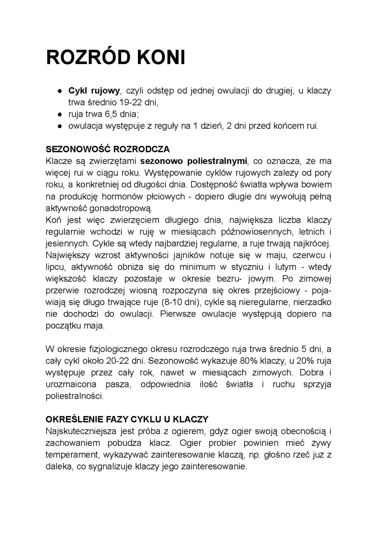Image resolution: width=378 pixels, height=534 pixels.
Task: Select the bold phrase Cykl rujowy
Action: [94, 91]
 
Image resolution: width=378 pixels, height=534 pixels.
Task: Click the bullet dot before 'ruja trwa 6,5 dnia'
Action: [60, 115]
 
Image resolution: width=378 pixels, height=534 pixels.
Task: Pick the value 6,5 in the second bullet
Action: [109, 115]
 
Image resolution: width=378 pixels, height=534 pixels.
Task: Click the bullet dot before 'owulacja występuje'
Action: [60, 126]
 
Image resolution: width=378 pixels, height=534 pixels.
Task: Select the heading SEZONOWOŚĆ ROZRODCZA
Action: [107, 149]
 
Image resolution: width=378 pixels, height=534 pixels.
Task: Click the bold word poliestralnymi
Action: [217, 161]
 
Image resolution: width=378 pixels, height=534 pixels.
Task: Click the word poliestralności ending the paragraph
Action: [75, 396]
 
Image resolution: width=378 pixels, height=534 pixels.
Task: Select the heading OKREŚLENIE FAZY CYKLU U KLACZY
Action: [127, 419]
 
